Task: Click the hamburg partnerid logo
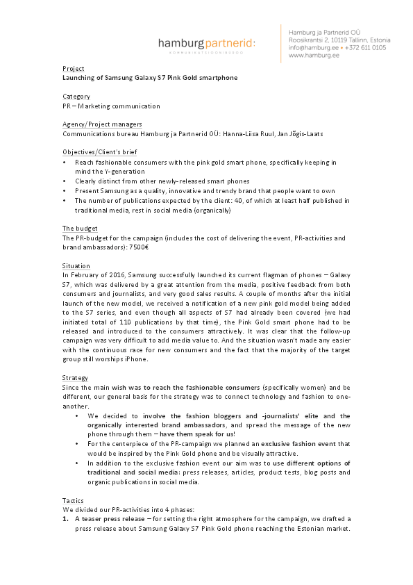click(207, 44)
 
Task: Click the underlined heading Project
click(73, 69)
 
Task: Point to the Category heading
click(76, 97)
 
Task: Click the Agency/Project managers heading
click(97, 124)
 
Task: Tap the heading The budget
click(80, 229)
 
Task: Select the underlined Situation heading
click(76, 266)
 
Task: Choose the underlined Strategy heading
click(75, 378)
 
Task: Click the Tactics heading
click(73, 500)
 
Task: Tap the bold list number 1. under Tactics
click(65, 518)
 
